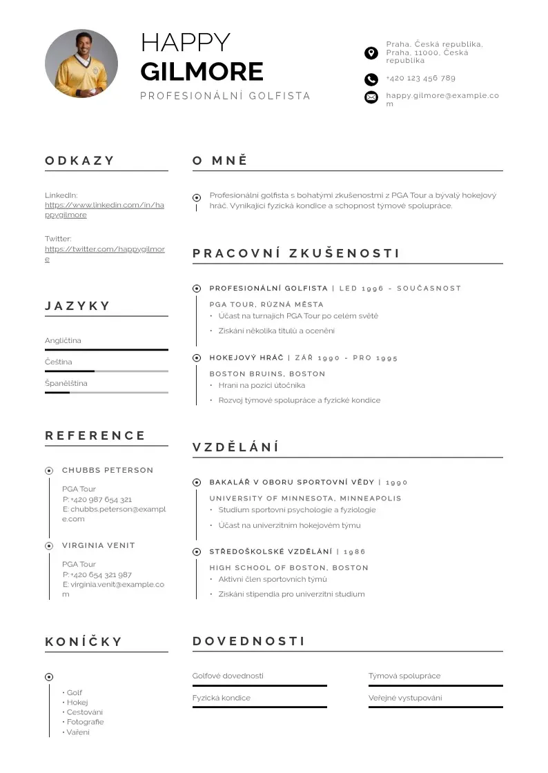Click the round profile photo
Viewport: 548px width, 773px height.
pyautogui.click(x=81, y=65)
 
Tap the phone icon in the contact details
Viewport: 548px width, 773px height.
pyautogui.click(x=371, y=79)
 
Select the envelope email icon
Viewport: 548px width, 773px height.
pyautogui.click(x=371, y=97)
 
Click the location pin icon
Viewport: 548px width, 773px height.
pyautogui.click(x=371, y=52)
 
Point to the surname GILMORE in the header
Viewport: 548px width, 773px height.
pyautogui.click(x=202, y=72)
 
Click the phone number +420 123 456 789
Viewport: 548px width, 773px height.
pyautogui.click(x=420, y=78)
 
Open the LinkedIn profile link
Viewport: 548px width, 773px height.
pyautogui.click(x=104, y=210)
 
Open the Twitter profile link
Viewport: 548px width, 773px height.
pyautogui.click(x=104, y=254)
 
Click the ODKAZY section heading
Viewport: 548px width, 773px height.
pyautogui.click(x=80, y=161)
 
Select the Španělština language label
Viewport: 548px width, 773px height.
pyautogui.click(x=66, y=383)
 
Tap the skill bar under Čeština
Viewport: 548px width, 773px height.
pyautogui.click(x=106, y=371)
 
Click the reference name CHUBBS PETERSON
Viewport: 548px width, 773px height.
pyautogui.click(x=108, y=470)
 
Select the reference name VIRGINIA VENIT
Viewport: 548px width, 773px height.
pyautogui.click(x=99, y=545)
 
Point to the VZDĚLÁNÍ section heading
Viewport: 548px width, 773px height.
pyautogui.click(x=235, y=447)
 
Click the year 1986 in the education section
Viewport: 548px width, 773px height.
pyautogui.click(x=355, y=551)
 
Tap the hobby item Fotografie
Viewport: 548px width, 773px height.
pyautogui.click(x=85, y=722)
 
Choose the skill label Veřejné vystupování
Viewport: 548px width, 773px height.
pyautogui.click(x=405, y=698)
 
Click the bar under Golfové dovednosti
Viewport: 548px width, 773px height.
pyautogui.click(x=260, y=685)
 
